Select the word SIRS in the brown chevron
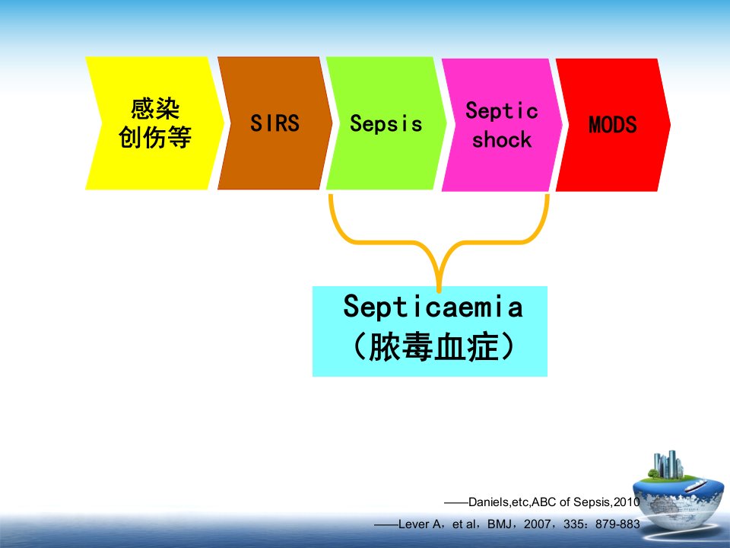click(x=275, y=123)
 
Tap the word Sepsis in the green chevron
click(x=386, y=123)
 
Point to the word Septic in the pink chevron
click(x=501, y=111)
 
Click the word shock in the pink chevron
click(x=501, y=139)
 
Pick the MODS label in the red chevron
click(x=612, y=124)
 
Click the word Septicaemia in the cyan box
click(x=433, y=306)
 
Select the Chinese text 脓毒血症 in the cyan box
click(x=434, y=347)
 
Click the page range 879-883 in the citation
click(x=617, y=524)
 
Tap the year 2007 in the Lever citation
click(x=537, y=524)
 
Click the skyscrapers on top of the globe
click(x=668, y=464)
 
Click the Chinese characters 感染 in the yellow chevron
click(x=155, y=109)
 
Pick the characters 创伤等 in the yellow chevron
click(x=155, y=137)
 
